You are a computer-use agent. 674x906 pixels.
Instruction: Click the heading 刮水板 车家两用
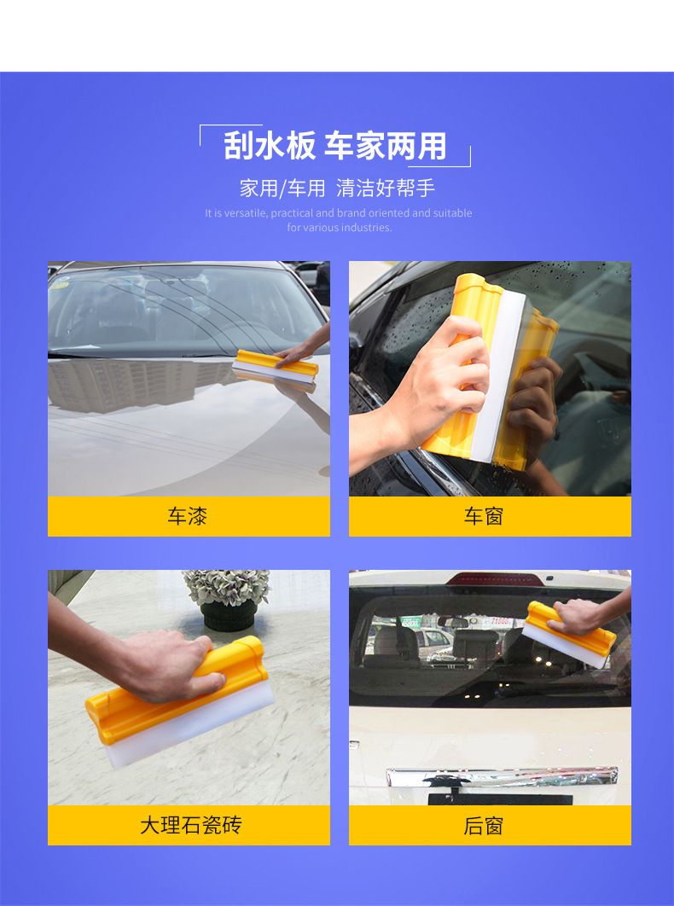pyautogui.click(x=335, y=146)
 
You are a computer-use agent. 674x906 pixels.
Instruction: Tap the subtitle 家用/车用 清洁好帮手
pyautogui.click(x=337, y=188)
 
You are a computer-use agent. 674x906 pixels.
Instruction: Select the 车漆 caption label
pyautogui.click(x=188, y=516)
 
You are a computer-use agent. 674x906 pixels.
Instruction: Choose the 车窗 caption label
pyautogui.click(x=483, y=516)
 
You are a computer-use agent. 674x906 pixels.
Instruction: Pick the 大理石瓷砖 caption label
pyautogui.click(x=191, y=825)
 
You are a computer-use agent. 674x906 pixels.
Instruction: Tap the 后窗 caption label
pyautogui.click(x=483, y=825)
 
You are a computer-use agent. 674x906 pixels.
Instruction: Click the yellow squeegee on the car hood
pyautogui.click(x=276, y=366)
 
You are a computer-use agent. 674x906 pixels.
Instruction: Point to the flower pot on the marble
pyautogui.click(x=229, y=616)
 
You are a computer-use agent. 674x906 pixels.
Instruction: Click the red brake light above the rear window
pyautogui.click(x=497, y=578)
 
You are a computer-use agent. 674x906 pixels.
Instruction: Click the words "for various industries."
pyautogui.click(x=340, y=228)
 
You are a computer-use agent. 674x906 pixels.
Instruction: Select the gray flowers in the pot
pyautogui.click(x=227, y=586)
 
